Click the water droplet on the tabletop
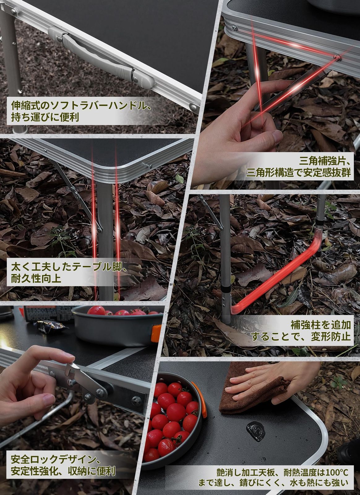pyautogui.click(x=255, y=430)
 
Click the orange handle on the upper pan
pyautogui.click(x=156, y=333)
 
